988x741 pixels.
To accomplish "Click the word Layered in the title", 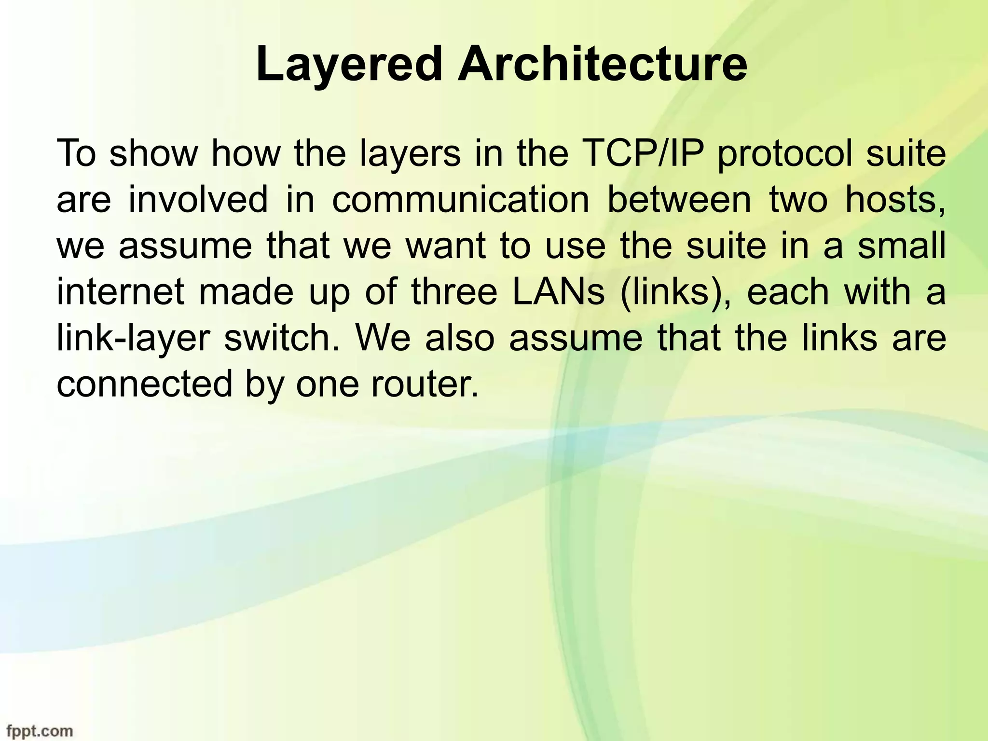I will coord(348,64).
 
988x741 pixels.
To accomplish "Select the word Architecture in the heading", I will coord(603,64).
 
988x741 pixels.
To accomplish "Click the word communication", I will coord(461,200).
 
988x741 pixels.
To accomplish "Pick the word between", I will coord(679,200).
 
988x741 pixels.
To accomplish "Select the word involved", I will coord(198,200).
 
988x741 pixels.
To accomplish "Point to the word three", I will coord(454,292).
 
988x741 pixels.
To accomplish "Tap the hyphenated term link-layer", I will coord(133,339).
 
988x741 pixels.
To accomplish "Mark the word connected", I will coord(144,384).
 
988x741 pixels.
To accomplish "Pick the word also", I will coord(460,339).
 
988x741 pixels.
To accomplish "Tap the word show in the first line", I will coord(153,153).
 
